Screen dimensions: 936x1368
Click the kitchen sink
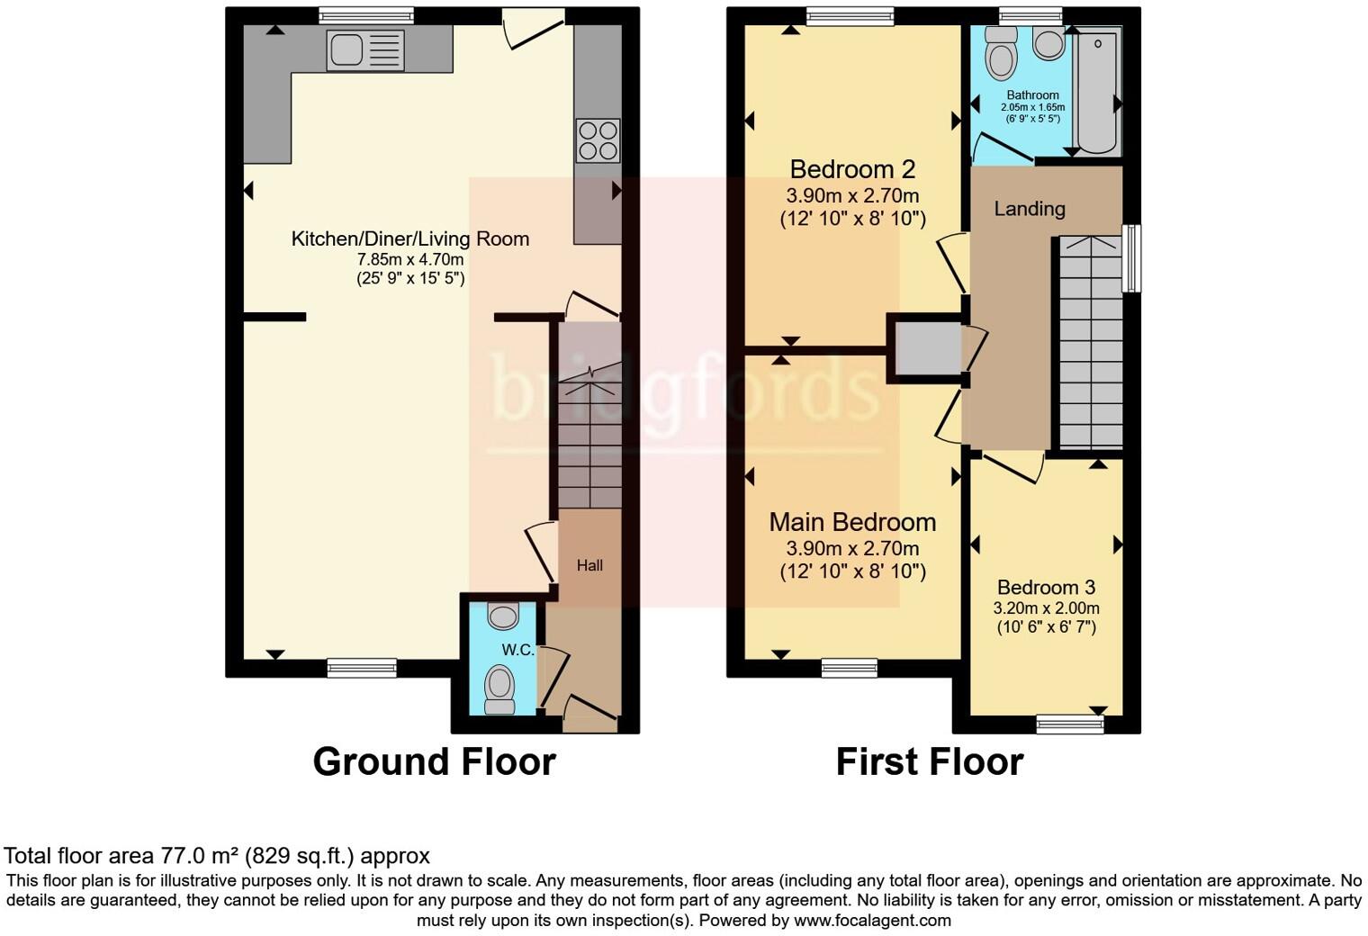[x=365, y=49]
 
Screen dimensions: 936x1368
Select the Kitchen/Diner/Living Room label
[x=409, y=238]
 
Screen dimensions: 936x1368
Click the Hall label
[x=589, y=565]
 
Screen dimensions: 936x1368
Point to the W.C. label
[x=517, y=650]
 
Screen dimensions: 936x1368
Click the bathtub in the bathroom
[x=1097, y=90]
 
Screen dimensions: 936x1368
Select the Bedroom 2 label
[x=852, y=169]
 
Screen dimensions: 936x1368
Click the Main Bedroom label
[x=852, y=522]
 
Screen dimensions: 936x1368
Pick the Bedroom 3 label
[x=1046, y=588]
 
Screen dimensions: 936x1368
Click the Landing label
[x=1030, y=209]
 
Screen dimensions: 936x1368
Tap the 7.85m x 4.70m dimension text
[x=409, y=259]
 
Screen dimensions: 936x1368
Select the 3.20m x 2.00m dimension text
[x=1046, y=607]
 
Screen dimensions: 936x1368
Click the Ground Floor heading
[x=434, y=761]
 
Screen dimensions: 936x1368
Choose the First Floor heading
[x=929, y=761]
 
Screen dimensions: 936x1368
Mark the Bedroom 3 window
[x=1069, y=722]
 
